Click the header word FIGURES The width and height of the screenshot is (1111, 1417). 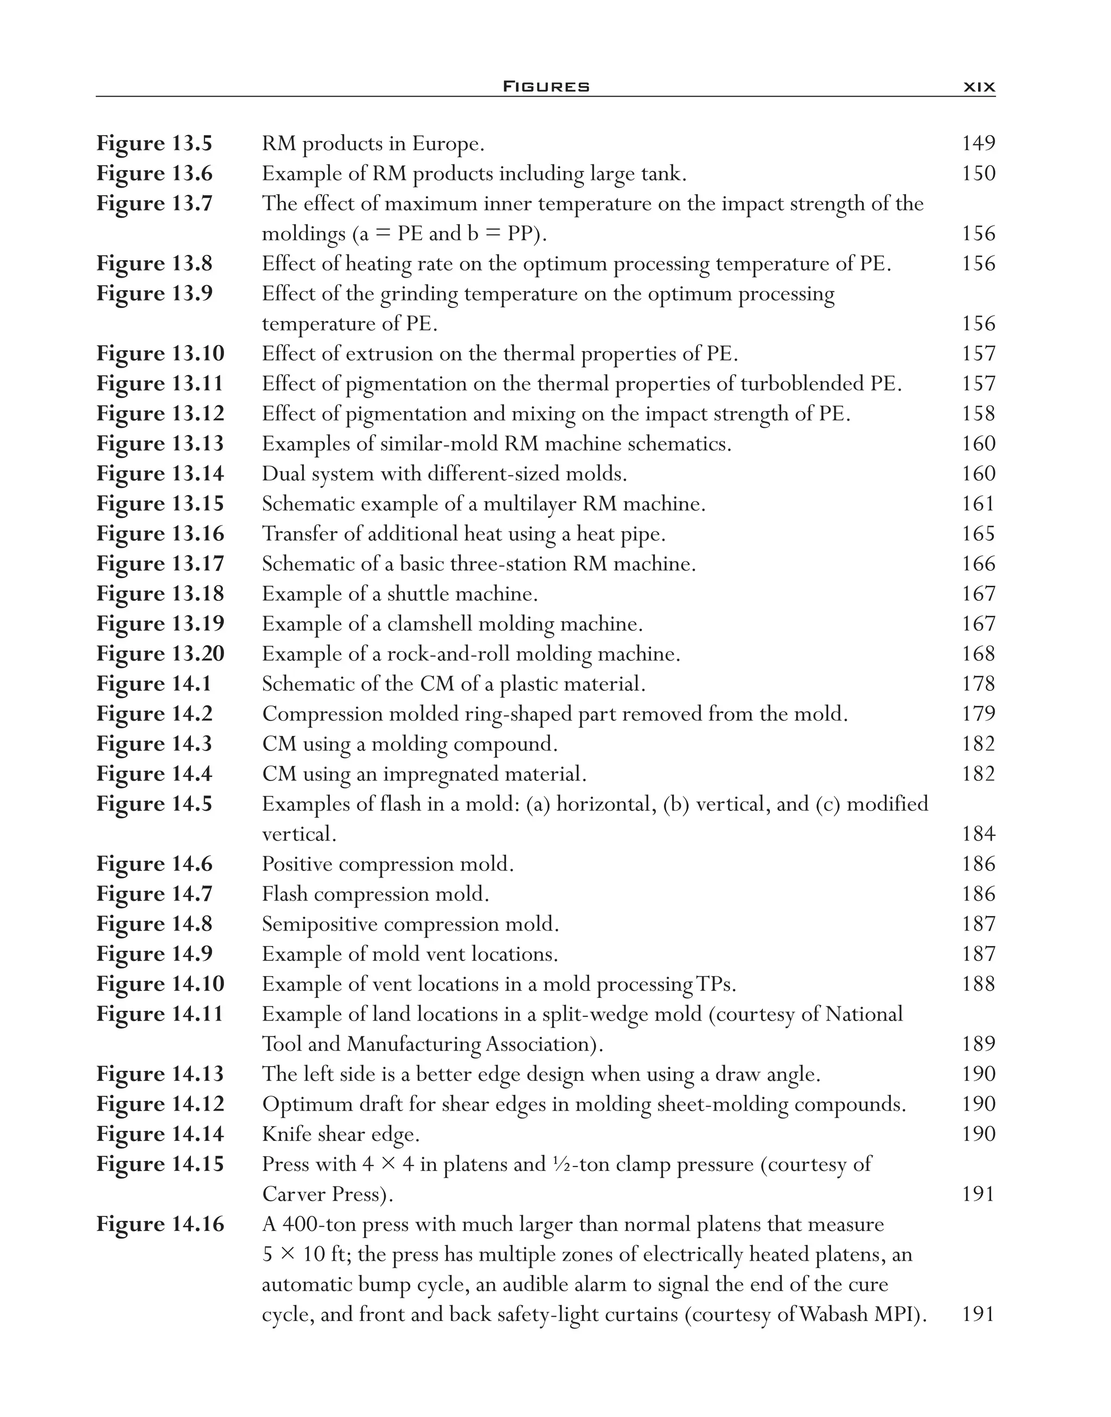546,86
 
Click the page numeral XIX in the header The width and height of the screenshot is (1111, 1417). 978,86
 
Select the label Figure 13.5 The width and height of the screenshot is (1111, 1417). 154,143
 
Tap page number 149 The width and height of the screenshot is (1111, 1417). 978,143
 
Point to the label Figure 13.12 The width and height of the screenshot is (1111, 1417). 160,414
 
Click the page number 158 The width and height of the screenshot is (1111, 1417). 978,414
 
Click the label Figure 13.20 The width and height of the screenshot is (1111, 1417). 160,653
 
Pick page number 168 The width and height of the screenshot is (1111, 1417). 978,653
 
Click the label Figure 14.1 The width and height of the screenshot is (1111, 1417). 154,683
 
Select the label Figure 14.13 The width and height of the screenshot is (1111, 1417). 160,1074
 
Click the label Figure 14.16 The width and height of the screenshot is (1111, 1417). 160,1224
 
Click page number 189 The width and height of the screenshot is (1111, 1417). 978,1044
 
